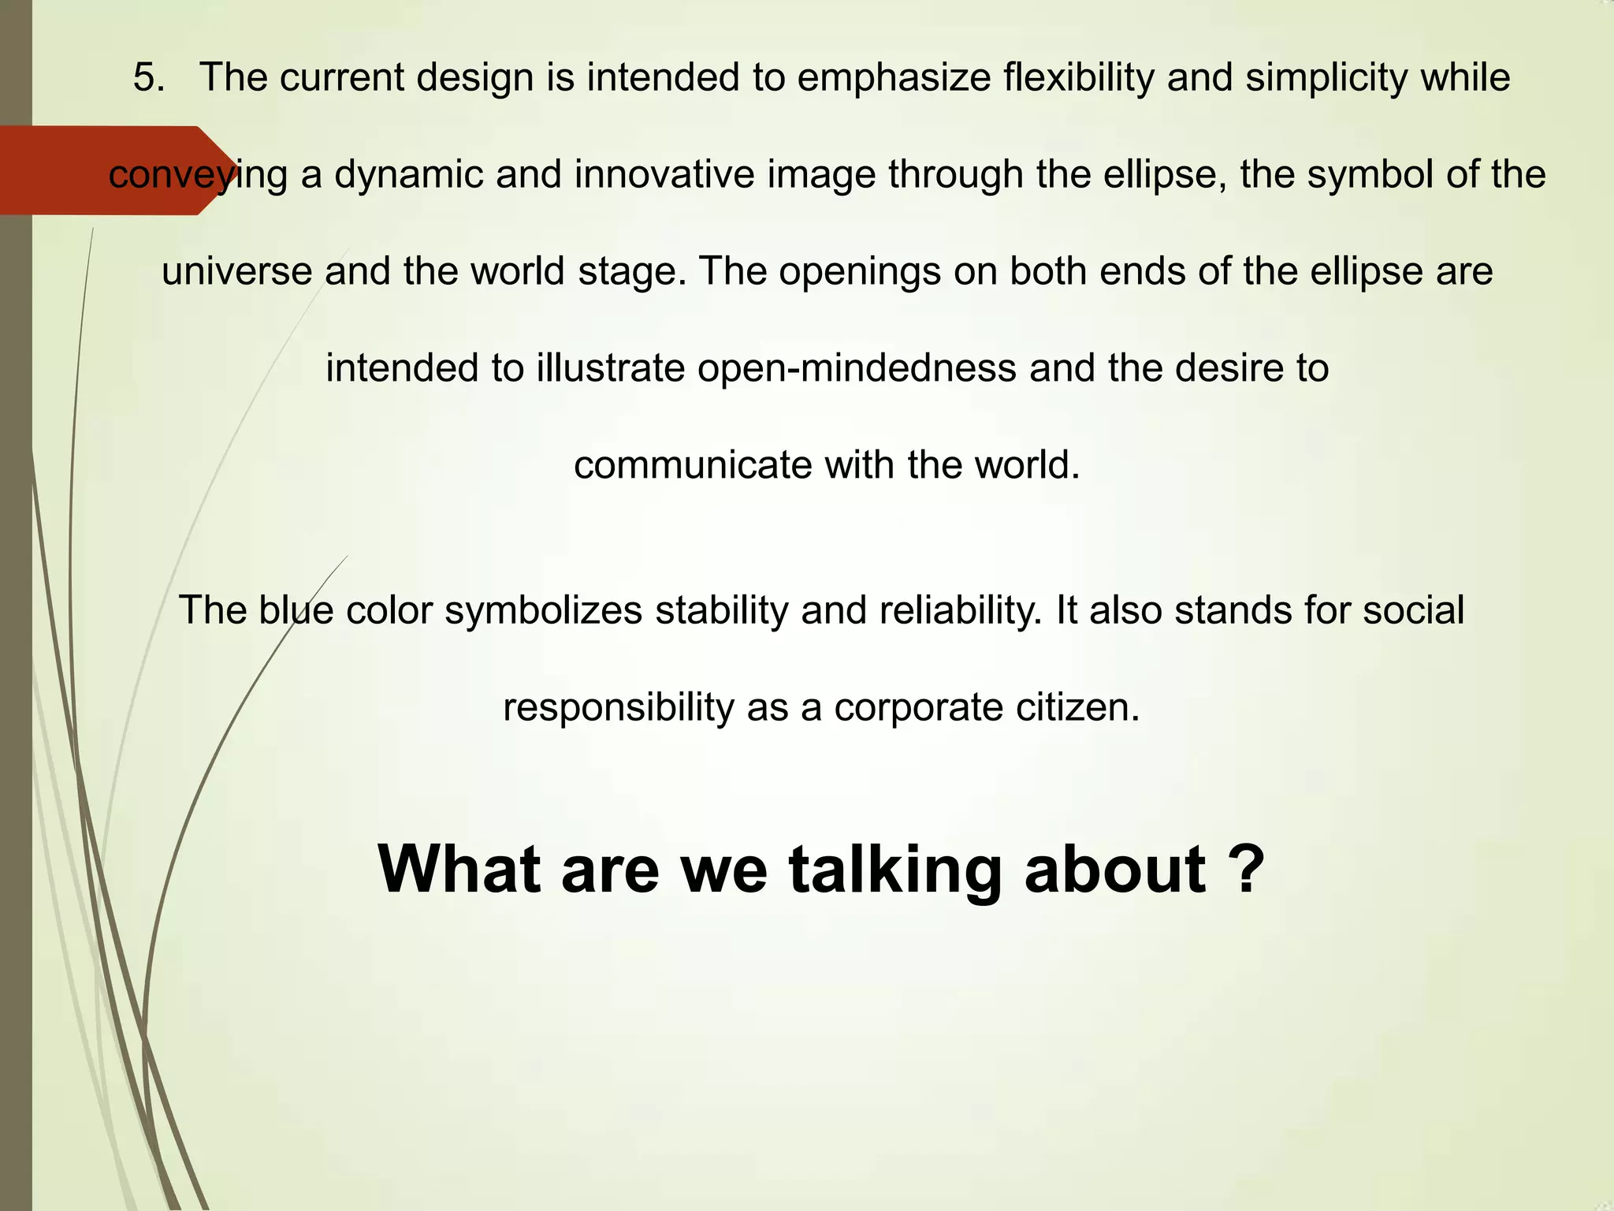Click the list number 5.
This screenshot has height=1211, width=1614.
coord(148,78)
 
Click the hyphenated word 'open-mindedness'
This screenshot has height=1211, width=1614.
coord(857,368)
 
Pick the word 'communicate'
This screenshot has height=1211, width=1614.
coord(693,465)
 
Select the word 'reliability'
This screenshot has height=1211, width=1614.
coord(961,612)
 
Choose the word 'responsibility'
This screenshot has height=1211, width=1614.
coord(618,708)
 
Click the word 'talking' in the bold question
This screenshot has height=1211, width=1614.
coord(895,870)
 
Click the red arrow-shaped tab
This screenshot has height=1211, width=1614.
coord(110,170)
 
